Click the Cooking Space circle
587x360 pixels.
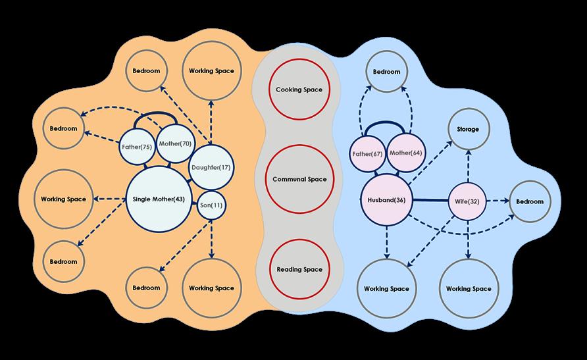coord(299,90)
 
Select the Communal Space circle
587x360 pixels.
coord(300,179)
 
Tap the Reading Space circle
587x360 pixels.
coord(299,269)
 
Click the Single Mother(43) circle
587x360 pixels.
coord(159,199)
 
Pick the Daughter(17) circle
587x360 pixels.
coord(210,167)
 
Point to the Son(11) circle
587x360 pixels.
coord(211,205)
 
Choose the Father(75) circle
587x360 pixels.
coord(138,147)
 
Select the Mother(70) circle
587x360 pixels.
coord(174,143)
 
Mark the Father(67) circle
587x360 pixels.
coord(368,153)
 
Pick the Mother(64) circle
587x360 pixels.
coord(406,153)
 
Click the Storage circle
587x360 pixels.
coord(469,129)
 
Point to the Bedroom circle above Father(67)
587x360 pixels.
coord(386,72)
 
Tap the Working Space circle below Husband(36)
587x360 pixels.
coord(386,289)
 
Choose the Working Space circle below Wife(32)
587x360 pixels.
coord(469,289)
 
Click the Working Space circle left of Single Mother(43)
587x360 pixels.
coord(63,199)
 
